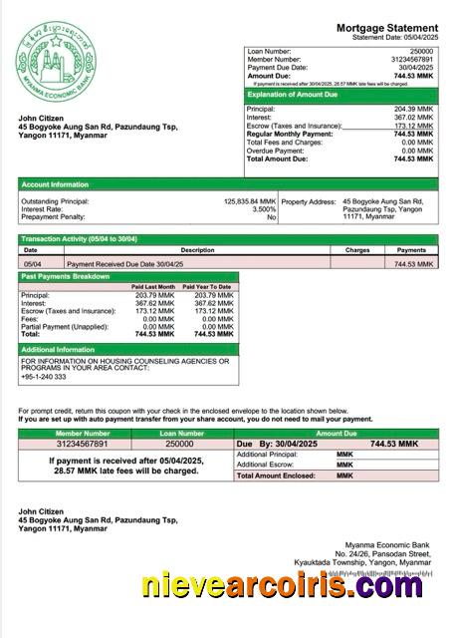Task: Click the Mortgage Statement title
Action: [387, 28]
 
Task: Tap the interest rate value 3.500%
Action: [263, 208]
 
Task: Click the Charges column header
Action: [358, 250]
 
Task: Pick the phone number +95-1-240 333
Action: [44, 377]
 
